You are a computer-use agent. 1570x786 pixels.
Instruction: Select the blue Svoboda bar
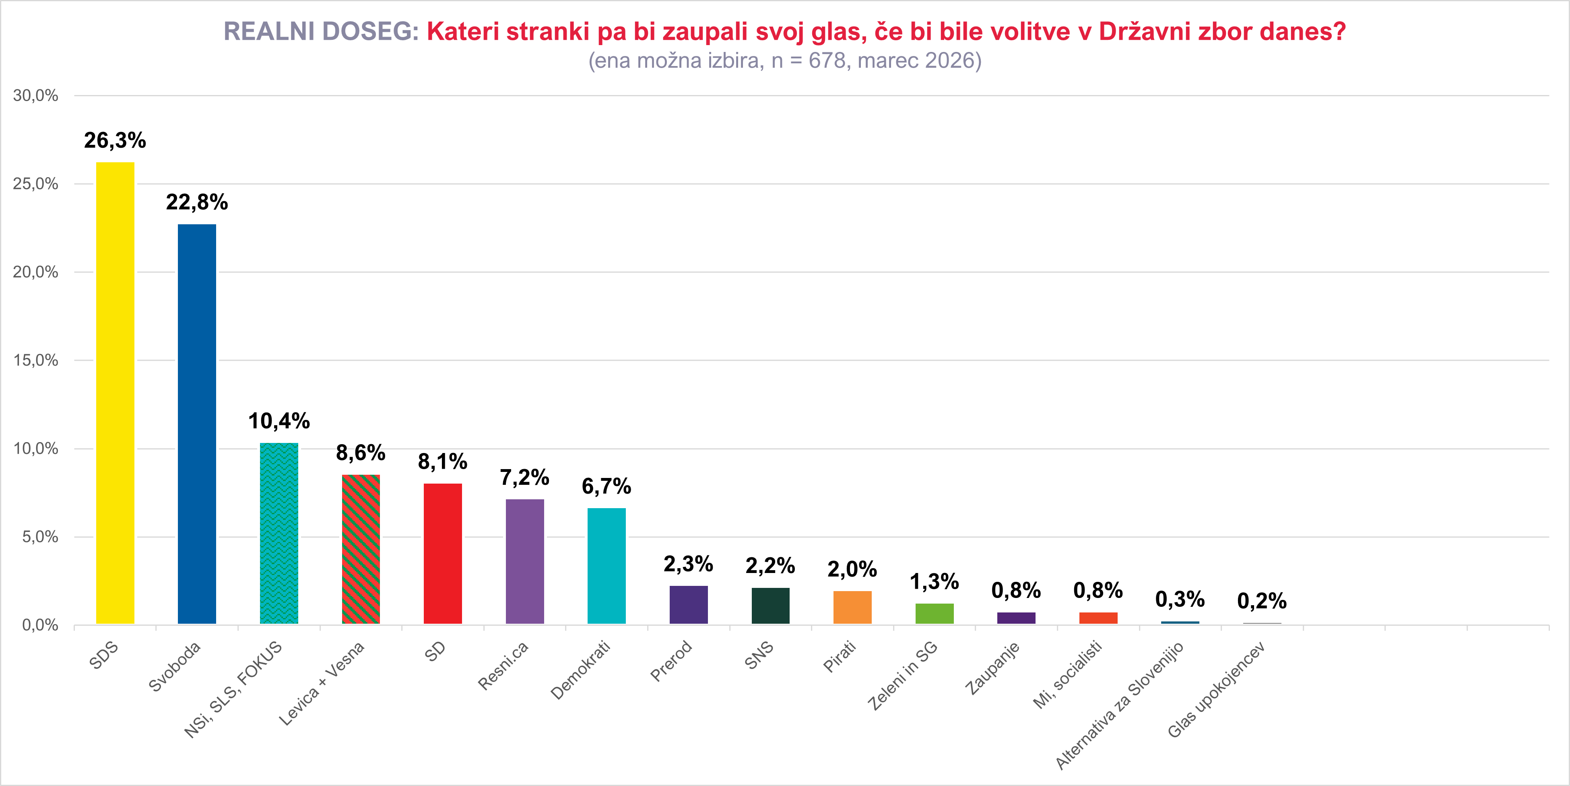[197, 424]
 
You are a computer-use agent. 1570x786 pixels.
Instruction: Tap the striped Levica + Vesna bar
[361, 549]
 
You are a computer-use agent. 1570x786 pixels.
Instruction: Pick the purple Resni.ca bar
[525, 561]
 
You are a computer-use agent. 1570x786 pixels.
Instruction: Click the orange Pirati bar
[852, 607]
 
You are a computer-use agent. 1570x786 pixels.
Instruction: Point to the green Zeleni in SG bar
[935, 613]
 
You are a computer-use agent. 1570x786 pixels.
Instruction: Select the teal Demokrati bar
[607, 566]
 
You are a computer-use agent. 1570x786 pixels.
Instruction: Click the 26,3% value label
[115, 141]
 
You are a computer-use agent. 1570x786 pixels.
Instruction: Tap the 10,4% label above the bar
[279, 421]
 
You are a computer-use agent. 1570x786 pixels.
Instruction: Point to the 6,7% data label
[607, 486]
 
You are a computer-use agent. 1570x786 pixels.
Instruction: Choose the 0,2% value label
[1262, 601]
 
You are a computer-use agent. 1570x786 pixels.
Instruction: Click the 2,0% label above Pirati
[852, 569]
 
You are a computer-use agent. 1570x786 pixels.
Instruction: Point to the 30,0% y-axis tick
[35, 96]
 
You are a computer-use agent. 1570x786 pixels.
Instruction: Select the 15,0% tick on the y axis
[35, 360]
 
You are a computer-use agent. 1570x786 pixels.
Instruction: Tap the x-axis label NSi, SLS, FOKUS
[233, 689]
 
